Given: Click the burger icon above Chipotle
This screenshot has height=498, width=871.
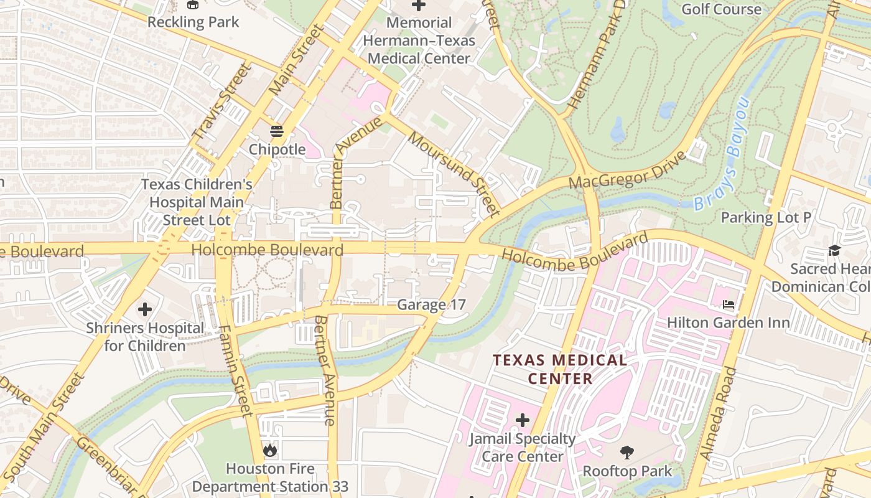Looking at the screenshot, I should pos(277,131).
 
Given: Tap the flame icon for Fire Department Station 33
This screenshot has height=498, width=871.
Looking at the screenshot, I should pos(269,450).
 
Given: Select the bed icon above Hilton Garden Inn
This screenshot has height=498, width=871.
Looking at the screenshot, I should pos(729,304).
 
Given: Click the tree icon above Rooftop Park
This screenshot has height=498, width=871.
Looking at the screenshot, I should pos(627,453).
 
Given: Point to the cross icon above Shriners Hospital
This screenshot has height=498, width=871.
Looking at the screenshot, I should pos(145,309).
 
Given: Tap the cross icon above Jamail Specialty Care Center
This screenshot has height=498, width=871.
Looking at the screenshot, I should pos(523,420).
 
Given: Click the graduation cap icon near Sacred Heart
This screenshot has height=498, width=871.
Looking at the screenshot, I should pos(834,250).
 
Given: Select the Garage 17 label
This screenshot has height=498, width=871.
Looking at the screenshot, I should pos(431,304).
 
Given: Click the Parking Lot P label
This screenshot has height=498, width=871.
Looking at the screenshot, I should pos(766,217).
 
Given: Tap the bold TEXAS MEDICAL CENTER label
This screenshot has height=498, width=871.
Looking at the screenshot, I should pos(560,369).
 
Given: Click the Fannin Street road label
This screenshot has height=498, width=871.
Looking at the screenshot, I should pos(236,370).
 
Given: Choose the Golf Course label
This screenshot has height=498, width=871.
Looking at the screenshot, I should pos(721,9).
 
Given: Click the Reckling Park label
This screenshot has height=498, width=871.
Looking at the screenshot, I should pos(193,22).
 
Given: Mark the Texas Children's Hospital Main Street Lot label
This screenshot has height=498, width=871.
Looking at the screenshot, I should pos(197,202).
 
